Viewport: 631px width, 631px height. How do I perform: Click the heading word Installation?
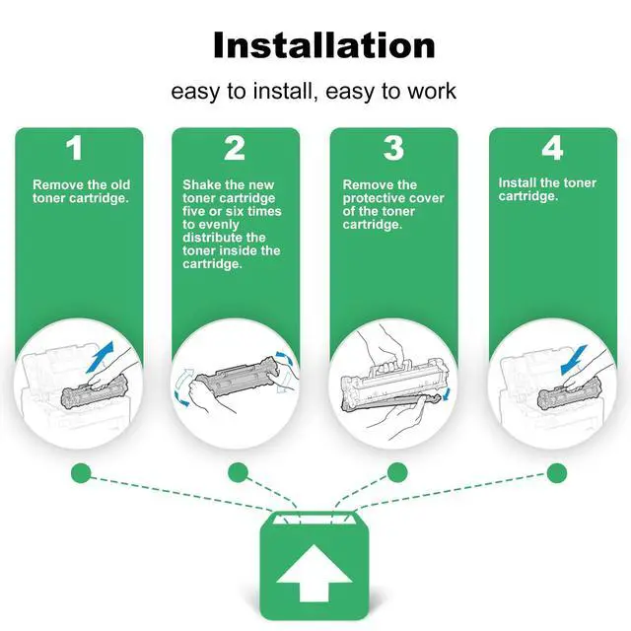tap(324, 45)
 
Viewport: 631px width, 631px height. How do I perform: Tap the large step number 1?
tap(75, 148)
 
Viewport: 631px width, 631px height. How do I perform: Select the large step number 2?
tap(235, 148)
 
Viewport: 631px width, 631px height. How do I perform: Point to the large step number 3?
tap(393, 148)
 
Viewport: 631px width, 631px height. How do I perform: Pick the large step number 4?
tap(552, 148)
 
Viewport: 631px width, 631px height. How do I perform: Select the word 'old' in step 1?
tap(120, 184)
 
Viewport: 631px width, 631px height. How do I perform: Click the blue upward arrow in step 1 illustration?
tap(101, 357)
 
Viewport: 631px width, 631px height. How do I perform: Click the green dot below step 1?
tap(81, 473)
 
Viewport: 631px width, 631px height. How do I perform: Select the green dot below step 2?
tap(238, 472)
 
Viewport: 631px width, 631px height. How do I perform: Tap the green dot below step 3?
tap(397, 472)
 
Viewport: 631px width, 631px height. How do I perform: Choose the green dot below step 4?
tap(557, 472)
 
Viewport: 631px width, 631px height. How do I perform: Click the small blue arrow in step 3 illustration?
tap(447, 394)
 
